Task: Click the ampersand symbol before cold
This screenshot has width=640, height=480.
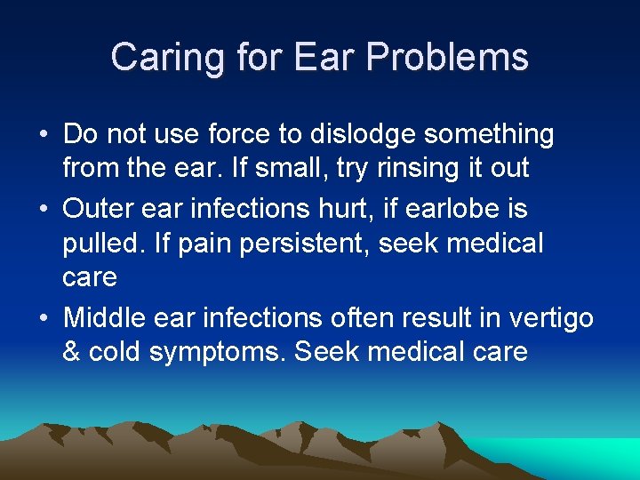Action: click(x=72, y=351)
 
